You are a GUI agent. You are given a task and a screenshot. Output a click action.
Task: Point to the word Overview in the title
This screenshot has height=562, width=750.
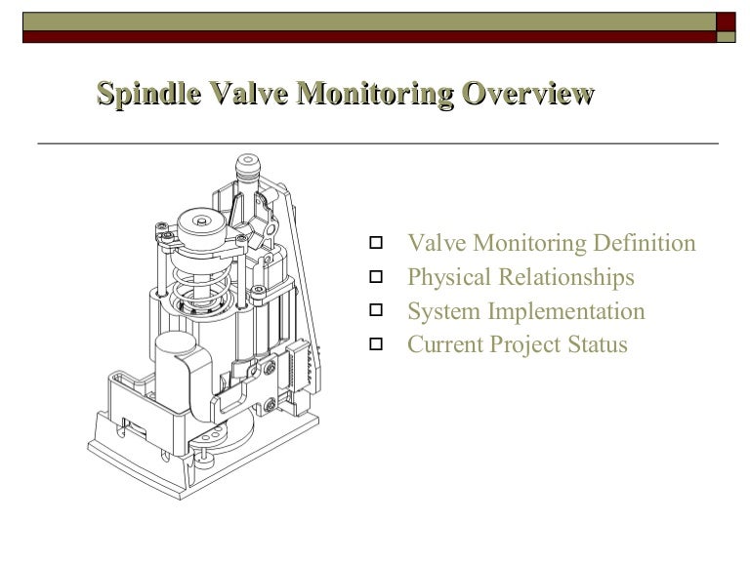[x=528, y=94]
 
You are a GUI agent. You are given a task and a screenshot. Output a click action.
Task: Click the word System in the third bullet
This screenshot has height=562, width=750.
[x=438, y=312]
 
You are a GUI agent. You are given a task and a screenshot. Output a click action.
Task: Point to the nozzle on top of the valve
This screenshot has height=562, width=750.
[x=248, y=171]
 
